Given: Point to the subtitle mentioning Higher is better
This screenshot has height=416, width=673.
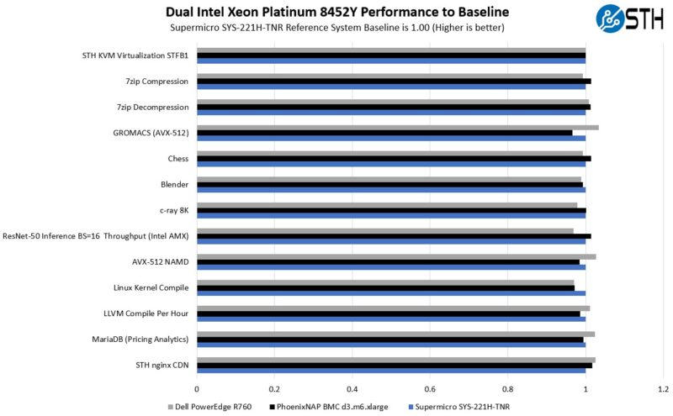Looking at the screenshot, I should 336,28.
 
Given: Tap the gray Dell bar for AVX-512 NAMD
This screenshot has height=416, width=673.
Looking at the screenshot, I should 396,256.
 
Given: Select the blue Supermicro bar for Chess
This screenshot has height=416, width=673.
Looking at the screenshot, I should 391,164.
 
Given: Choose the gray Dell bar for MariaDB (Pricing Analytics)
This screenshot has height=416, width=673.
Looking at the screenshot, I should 395,334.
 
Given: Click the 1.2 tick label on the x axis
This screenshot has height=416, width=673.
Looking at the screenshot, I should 664,389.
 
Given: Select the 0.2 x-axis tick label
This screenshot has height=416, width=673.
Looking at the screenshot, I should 274,389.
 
